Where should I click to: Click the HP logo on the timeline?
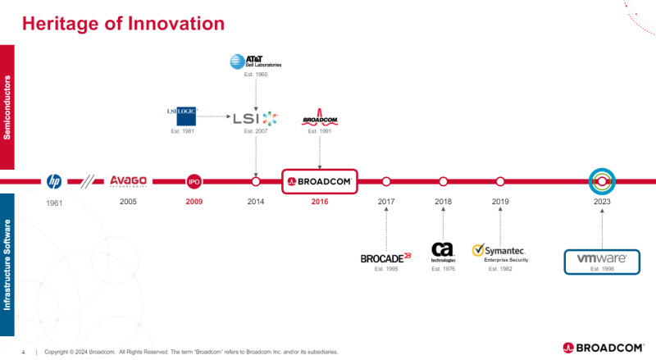click(x=54, y=181)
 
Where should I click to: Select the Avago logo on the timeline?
click(x=129, y=181)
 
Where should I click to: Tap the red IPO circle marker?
click(x=194, y=181)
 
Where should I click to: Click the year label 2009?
click(x=194, y=201)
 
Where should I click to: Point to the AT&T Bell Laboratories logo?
click(x=255, y=61)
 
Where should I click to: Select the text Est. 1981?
click(x=182, y=131)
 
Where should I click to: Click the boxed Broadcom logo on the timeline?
click(x=319, y=181)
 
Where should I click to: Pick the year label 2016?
click(x=319, y=201)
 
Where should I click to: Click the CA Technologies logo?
click(x=443, y=250)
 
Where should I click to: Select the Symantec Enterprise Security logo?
click(x=499, y=253)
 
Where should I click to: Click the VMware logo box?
click(x=602, y=260)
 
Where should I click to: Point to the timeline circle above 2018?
click(x=443, y=181)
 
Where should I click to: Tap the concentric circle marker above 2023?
click(x=602, y=180)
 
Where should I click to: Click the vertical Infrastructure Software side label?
click(x=7, y=264)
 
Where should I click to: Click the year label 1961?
click(x=54, y=202)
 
